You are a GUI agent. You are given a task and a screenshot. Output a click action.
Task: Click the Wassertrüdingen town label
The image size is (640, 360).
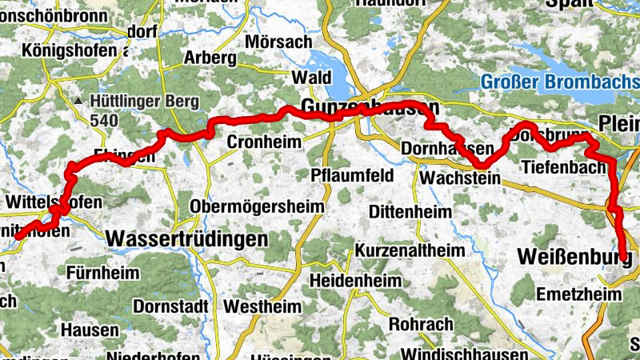tap(186, 238)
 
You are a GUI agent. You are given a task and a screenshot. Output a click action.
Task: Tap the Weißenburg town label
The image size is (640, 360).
tap(574, 257)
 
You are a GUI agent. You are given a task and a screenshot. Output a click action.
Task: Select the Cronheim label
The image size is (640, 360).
tap(264, 142)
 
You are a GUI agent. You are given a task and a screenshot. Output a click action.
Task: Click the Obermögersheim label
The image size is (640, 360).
tap(257, 206)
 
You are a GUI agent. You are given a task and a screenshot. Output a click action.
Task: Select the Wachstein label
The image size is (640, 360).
tap(459, 178)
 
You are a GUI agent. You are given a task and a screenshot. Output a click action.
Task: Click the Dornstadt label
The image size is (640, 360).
tap(170, 306)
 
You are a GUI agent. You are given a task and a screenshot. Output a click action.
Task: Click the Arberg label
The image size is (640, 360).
tap(210, 58)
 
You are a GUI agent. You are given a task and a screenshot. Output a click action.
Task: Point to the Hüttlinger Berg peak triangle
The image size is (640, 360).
tap(78, 102)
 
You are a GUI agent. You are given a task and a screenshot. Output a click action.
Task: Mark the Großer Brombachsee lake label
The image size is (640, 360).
tap(559, 82)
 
